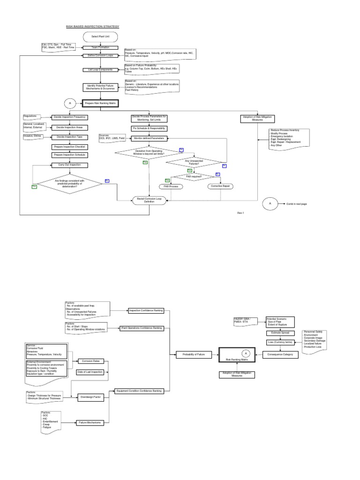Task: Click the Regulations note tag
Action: point(32,116)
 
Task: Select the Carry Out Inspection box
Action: point(70,165)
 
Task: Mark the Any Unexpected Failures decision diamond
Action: point(195,162)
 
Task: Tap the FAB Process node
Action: point(170,186)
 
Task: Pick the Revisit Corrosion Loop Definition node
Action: point(149,201)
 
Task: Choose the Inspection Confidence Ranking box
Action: point(145,310)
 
